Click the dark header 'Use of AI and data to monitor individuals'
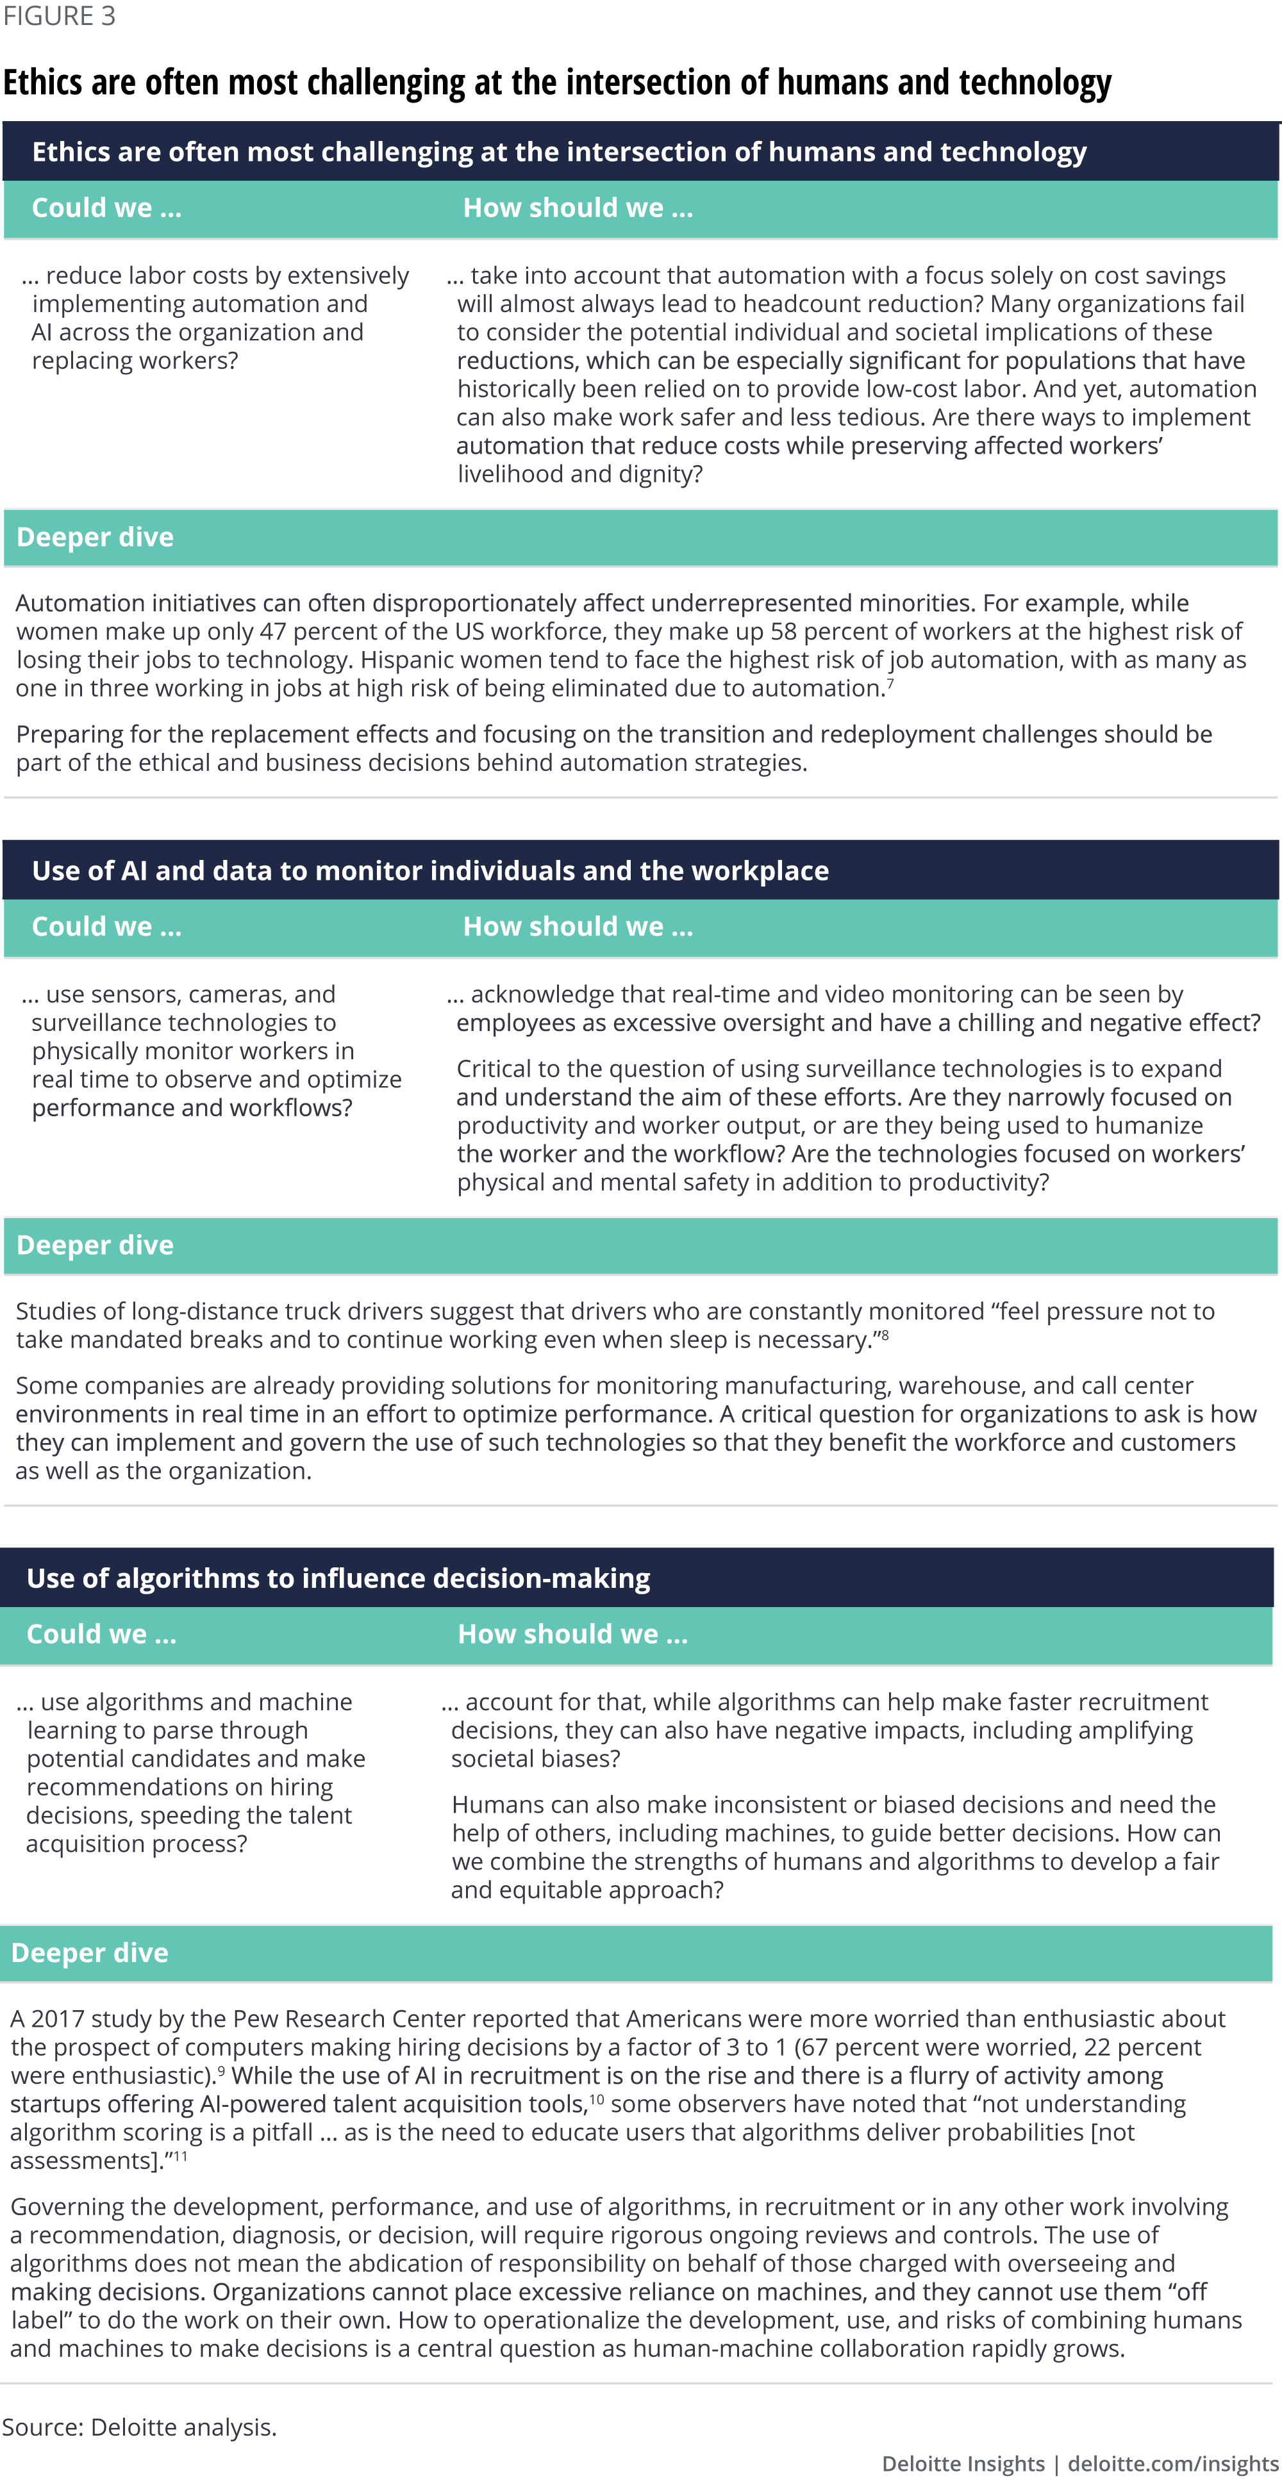[x=429, y=871]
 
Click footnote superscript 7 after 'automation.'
[x=890, y=683]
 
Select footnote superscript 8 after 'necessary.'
[x=885, y=1335]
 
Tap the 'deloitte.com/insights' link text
[x=1172, y=2464]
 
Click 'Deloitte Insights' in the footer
[x=963, y=2464]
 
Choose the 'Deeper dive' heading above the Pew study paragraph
[x=90, y=1952]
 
